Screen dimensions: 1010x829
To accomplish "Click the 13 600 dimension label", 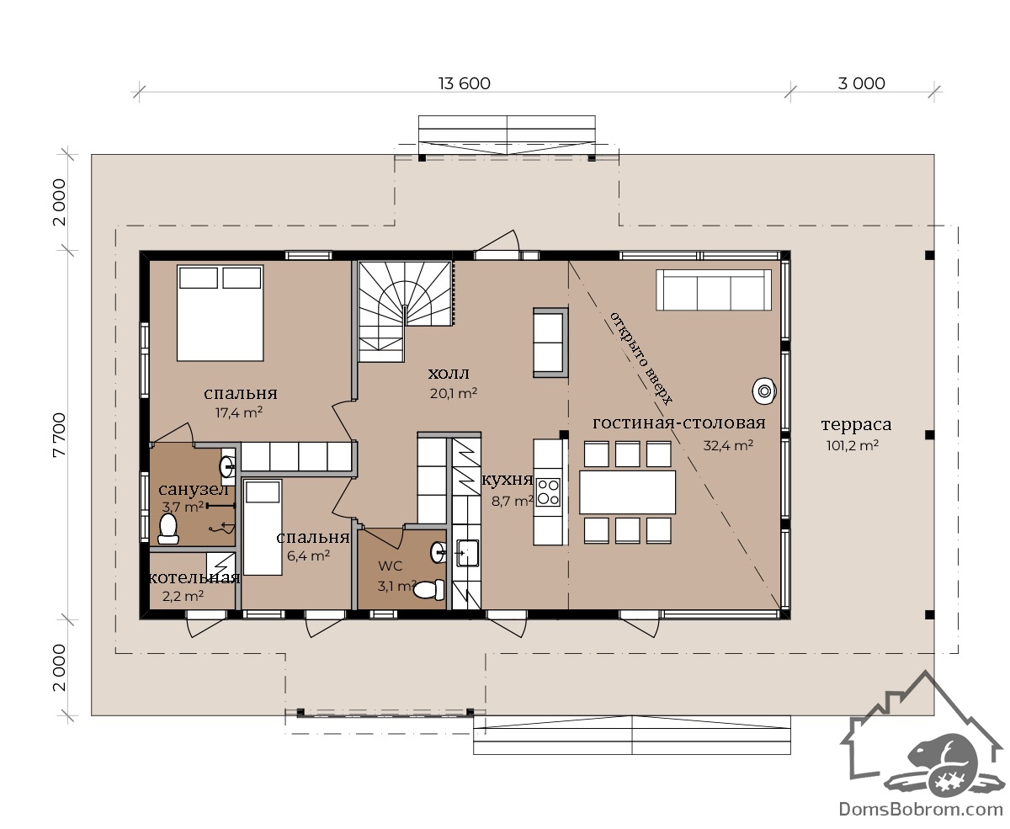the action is point(464,84).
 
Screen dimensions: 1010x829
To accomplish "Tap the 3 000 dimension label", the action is point(861,84).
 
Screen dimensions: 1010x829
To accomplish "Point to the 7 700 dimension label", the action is point(59,435).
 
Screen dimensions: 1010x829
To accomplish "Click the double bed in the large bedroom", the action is point(221,313).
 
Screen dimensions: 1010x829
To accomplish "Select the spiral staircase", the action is point(405,311).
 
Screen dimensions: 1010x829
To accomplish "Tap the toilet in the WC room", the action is point(428,589).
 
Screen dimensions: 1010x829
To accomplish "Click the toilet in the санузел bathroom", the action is point(168,529).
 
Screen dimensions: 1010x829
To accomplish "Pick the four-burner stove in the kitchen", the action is point(548,492).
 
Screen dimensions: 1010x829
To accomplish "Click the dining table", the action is point(627,492).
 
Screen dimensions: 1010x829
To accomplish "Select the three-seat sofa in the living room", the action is point(714,290).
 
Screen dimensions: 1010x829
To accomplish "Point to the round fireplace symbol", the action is point(764,391).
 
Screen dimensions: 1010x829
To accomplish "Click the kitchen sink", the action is point(467,553).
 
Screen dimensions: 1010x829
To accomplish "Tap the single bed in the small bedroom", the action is point(263,528).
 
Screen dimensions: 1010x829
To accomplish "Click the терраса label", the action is point(856,424).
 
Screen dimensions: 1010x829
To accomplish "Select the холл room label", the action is point(449,373).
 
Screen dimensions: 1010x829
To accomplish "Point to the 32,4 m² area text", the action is point(728,445).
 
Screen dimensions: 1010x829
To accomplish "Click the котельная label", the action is point(194,577).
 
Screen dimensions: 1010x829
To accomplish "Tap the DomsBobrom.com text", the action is point(921,810).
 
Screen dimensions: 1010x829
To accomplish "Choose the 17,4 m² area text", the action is point(239,412).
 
